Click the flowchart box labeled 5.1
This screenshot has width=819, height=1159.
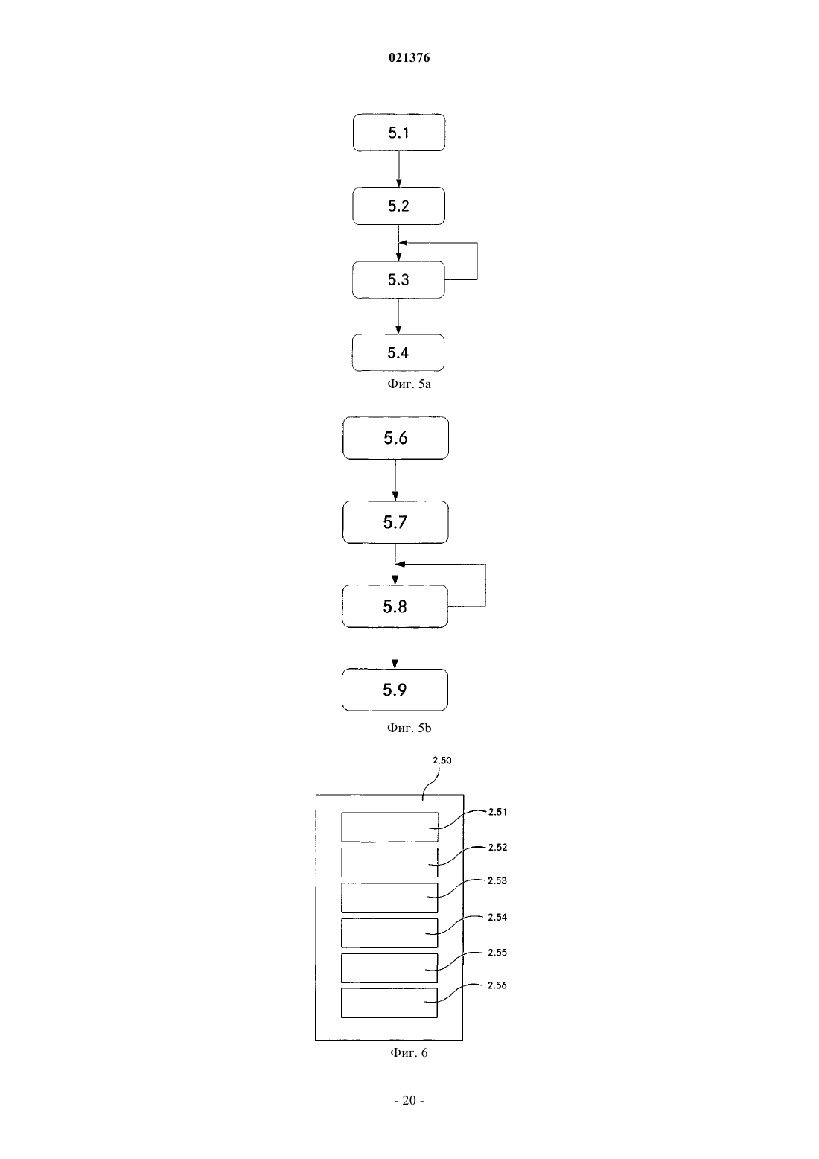coord(398,133)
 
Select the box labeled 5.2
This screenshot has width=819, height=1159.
coord(398,206)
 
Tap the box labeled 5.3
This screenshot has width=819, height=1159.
coord(398,279)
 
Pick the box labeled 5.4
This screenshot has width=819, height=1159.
coord(398,352)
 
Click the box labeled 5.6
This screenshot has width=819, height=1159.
coord(395,438)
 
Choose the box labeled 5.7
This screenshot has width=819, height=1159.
coord(395,522)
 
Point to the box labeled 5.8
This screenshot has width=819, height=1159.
coord(395,606)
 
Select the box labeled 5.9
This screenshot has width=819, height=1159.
coord(395,690)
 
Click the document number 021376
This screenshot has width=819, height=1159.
coord(409,57)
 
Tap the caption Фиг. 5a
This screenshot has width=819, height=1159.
coord(409,384)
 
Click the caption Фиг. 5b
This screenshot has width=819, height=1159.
coord(409,728)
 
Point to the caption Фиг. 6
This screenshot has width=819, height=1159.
coord(409,1052)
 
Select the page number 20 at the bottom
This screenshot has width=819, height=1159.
coord(409,1100)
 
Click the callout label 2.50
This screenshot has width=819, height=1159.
coord(442,760)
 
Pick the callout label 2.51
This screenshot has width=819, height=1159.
coord(497,812)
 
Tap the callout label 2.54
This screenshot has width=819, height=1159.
coord(497,917)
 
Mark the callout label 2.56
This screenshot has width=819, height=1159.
coord(497,985)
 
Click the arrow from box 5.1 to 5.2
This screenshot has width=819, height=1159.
coord(398,169)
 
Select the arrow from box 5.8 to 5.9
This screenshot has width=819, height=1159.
coord(395,648)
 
